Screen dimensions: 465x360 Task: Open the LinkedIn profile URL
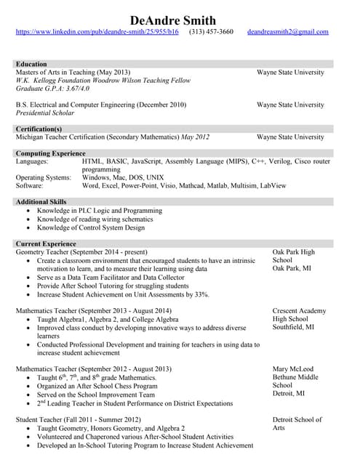tap(97, 32)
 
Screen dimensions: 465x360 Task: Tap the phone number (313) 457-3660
tap(211, 32)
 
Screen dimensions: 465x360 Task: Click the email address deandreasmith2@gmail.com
tap(287, 32)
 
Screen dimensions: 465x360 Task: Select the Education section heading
tap(31, 64)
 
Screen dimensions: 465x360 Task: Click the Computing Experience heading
tap(50, 153)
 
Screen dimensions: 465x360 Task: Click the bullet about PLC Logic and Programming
tap(100, 211)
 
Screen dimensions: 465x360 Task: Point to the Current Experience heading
tap(46, 244)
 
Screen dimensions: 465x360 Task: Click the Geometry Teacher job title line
tap(81, 252)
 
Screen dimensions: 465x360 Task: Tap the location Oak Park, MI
tap(292, 269)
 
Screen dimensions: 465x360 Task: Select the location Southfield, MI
tap(294, 327)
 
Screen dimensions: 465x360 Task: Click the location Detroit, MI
tap(289, 394)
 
